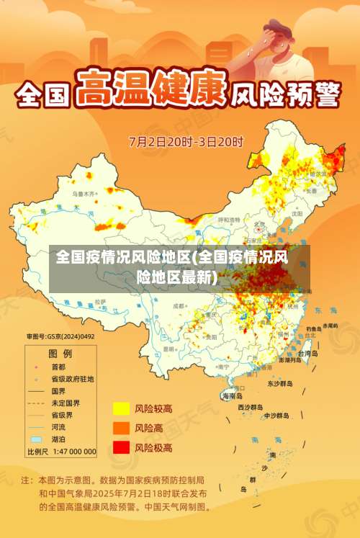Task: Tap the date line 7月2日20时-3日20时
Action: [186, 141]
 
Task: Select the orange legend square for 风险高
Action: [121, 428]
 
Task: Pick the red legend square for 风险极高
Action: [121, 447]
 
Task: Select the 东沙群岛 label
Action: [280, 384]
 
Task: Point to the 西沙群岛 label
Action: [251, 407]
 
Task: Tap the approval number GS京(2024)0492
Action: [60, 336]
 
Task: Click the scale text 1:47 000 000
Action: [71, 452]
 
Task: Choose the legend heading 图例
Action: [60, 354]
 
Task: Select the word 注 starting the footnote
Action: [26, 479]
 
